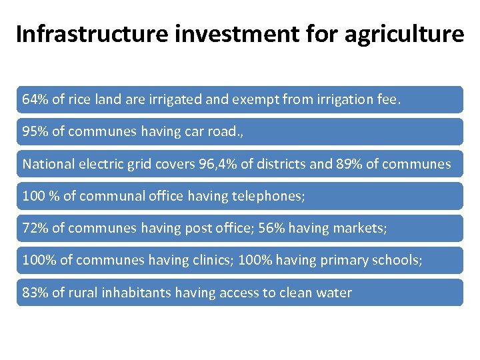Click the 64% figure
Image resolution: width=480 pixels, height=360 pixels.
tap(35, 100)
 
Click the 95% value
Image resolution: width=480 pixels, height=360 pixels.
tap(35, 132)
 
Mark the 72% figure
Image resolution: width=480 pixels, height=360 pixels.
tap(35, 229)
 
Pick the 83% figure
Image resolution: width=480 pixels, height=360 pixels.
tap(35, 293)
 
